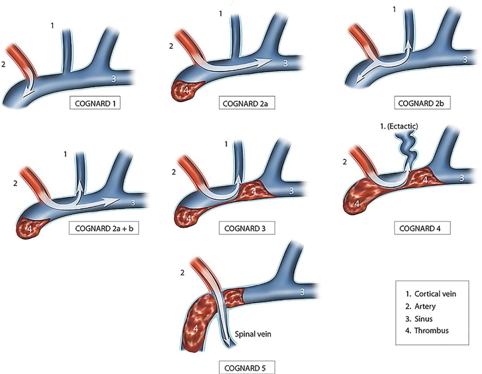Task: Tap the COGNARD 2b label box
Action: click(423, 103)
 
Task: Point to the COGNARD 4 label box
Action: click(423, 228)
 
